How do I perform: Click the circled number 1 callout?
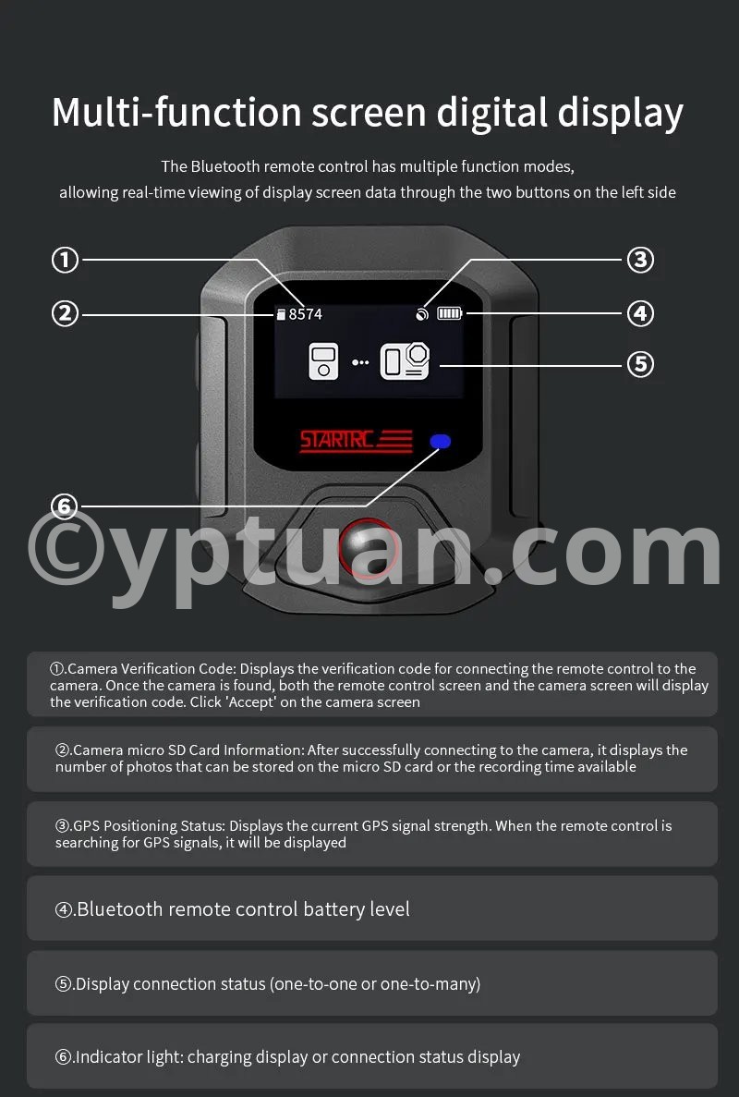65,261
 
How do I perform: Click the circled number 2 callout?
65,313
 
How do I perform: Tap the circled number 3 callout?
640,261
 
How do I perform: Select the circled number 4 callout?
640,313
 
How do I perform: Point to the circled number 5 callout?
640,364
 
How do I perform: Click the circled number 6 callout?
65,506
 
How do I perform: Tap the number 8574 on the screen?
306,314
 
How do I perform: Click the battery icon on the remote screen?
450,313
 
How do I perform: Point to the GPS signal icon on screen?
421,314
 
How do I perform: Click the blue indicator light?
441,442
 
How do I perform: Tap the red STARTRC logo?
356,441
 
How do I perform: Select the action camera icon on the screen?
405,361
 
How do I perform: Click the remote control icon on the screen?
323,361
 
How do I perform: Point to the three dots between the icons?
360,362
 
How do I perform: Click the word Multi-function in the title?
176,113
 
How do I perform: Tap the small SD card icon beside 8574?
281,314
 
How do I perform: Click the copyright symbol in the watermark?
67,547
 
